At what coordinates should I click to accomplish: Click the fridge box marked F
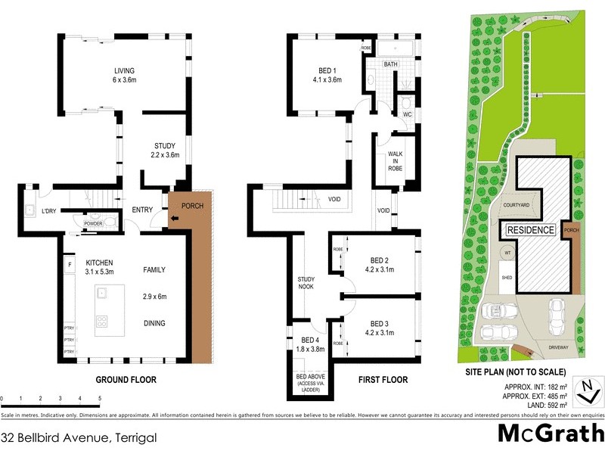[x=70, y=266]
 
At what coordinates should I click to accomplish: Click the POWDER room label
[x=94, y=225]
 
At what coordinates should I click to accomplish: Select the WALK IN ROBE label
[x=395, y=160]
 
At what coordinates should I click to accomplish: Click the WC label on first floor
[x=406, y=114]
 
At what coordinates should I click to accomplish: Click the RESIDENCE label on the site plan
[x=530, y=230]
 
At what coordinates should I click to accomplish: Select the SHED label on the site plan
[x=507, y=278]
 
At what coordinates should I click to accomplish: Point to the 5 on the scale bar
[x=100, y=398]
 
